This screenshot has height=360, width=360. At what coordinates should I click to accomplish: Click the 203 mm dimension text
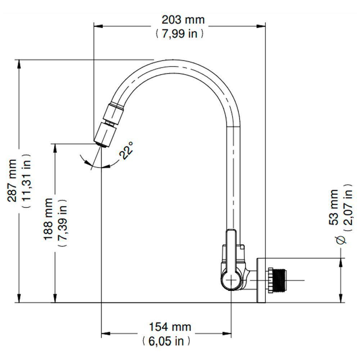point(183,19)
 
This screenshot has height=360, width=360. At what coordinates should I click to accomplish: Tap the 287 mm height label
point(13,180)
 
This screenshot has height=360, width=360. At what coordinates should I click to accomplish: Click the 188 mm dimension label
point(48,219)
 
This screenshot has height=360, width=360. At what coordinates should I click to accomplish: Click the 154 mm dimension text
point(170,327)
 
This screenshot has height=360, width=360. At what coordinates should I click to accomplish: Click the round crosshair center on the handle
point(231,280)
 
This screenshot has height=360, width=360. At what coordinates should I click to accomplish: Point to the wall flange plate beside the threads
point(261,280)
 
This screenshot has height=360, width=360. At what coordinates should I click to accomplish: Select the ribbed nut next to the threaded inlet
point(270,280)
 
